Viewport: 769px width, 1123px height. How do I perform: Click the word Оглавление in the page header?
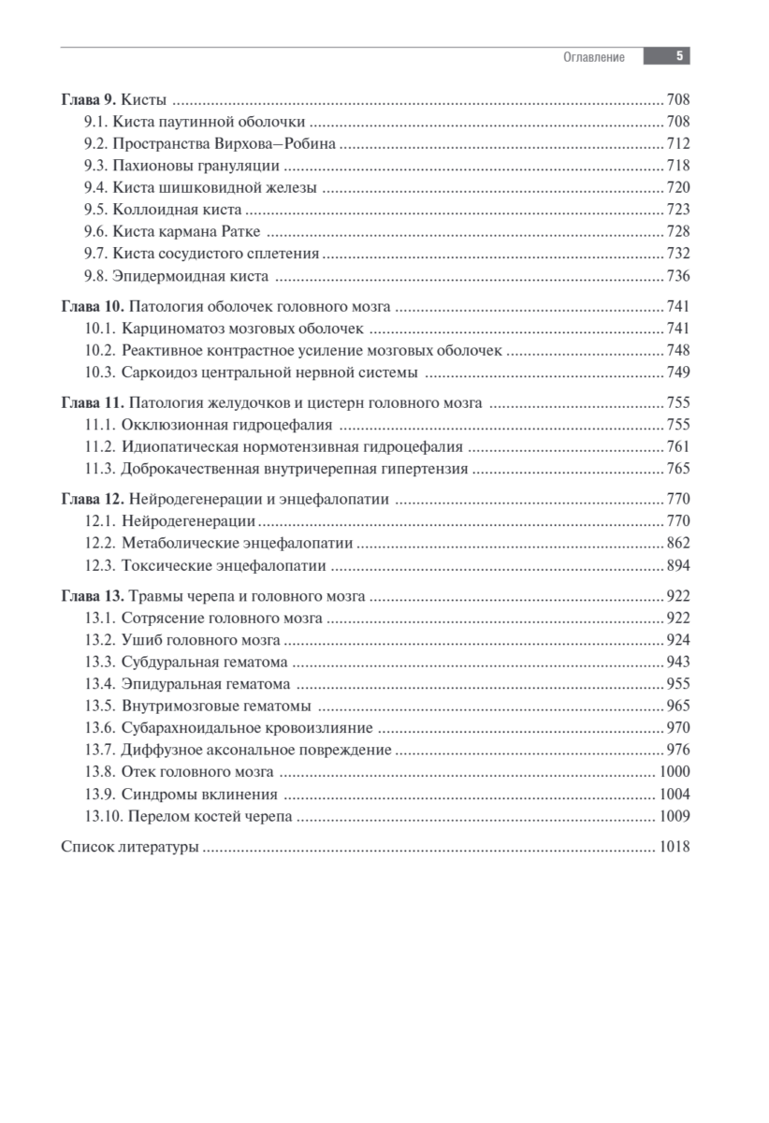tap(593, 57)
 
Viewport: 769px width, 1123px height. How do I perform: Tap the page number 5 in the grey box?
tap(679, 56)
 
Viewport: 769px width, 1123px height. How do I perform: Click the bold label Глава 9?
tap(89, 99)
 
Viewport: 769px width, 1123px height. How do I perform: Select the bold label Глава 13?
tap(92, 595)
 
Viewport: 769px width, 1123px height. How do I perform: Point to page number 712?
tap(677, 143)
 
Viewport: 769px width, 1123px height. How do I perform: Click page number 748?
tap(677, 351)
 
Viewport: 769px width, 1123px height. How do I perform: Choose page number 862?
tap(677, 543)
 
